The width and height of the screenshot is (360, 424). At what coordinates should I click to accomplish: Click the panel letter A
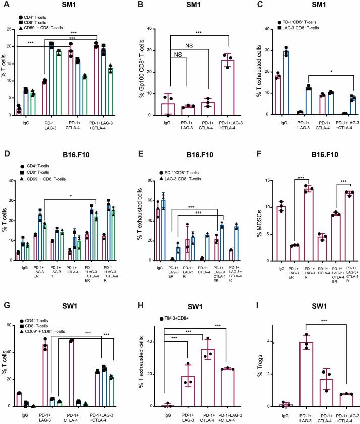click(x=5, y=5)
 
